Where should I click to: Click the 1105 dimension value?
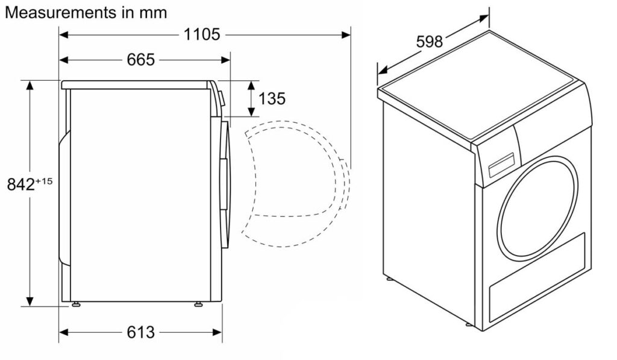[202, 34]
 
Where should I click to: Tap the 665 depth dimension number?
[140, 60]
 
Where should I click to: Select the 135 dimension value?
[272, 98]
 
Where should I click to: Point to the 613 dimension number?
[140, 332]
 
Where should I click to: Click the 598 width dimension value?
[429, 42]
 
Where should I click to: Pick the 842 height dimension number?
[21, 185]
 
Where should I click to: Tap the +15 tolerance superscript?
[44, 181]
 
